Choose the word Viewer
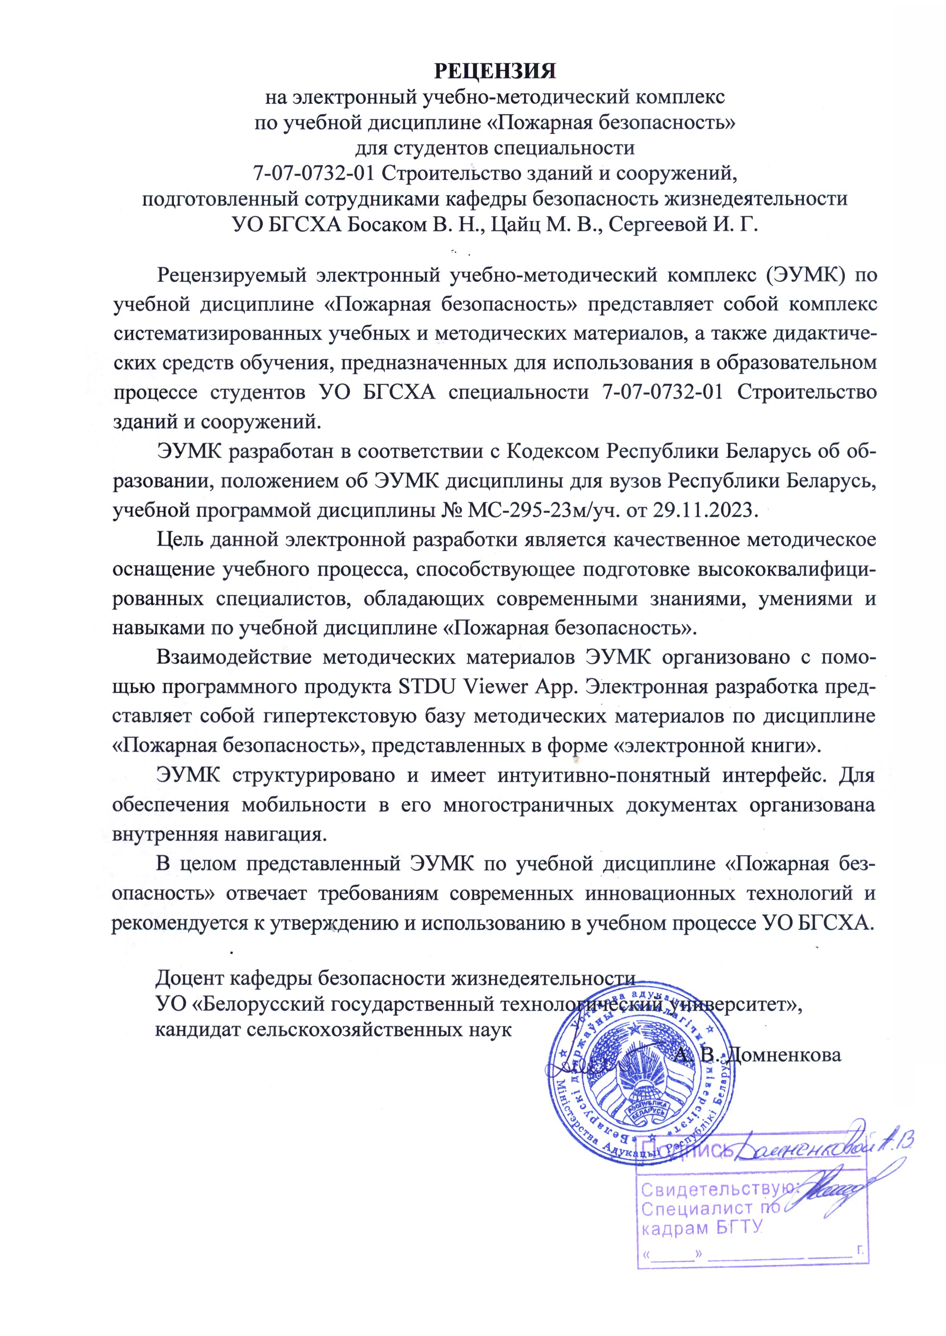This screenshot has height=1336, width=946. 490,687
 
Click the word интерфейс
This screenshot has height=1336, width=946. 768,776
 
